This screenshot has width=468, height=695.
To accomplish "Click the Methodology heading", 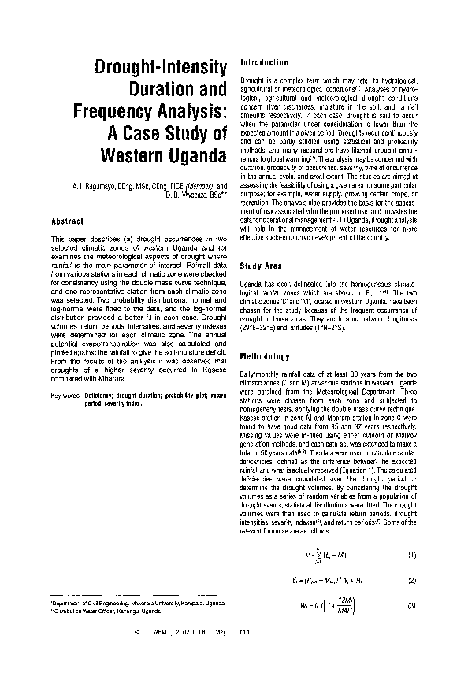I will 265,356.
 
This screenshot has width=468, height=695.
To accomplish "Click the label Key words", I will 62,395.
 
